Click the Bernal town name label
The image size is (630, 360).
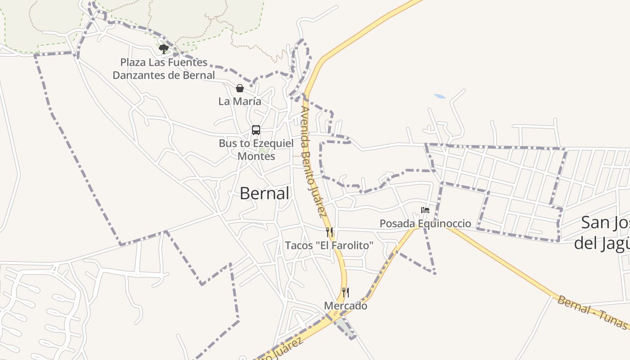pos(264,193)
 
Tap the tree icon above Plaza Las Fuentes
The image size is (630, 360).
pos(163,48)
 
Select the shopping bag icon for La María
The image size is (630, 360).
pos(240,88)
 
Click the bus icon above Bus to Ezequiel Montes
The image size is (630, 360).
pos(256,130)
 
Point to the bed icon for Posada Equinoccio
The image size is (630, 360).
pos(425,210)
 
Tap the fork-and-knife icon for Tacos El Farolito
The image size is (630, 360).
pos(329,232)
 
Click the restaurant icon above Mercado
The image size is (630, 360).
pos(345,292)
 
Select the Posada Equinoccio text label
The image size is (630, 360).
pos(425,223)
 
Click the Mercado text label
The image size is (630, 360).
pos(346,306)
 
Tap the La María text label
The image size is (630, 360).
pos(239,101)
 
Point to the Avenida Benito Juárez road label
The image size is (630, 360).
pos(313,162)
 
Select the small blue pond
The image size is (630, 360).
pos(440,96)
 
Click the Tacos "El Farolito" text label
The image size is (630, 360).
pos(329,245)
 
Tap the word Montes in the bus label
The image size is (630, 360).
pos(256,156)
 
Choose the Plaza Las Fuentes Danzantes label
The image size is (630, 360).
pos(164,68)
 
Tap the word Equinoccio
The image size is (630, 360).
pos(445,223)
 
